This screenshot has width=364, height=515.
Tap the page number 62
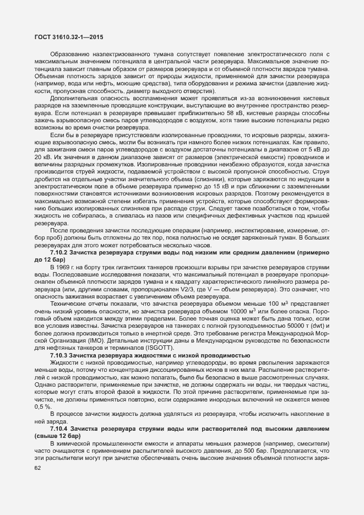[38, 468]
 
